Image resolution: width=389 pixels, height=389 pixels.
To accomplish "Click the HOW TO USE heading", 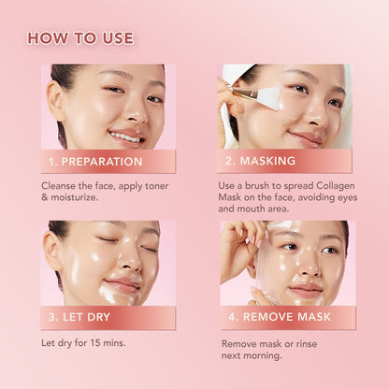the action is click(80, 38).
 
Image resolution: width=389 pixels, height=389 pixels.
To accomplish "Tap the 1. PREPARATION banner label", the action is click(95, 162).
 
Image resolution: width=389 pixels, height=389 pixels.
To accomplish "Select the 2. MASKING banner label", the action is click(260, 161).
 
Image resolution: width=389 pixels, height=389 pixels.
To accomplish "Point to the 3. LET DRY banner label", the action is click(79, 317).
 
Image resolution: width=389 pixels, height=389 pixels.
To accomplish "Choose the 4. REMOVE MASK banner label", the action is click(280, 317).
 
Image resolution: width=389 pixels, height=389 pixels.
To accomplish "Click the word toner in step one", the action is click(156, 186).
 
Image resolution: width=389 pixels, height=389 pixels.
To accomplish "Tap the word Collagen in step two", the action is click(336, 186).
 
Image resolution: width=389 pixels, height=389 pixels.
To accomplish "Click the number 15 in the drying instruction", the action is click(95, 343).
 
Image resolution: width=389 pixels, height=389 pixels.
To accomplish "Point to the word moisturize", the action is click(74, 197).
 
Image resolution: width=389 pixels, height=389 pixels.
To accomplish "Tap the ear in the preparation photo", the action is click(56, 101).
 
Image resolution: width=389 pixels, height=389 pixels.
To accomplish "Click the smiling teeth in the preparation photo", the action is click(125, 137).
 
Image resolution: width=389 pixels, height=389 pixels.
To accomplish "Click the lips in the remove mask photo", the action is click(306, 291).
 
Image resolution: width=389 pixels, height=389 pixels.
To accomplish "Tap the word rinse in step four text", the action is click(307, 344).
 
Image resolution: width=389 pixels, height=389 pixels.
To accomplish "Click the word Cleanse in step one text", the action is click(59, 186).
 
